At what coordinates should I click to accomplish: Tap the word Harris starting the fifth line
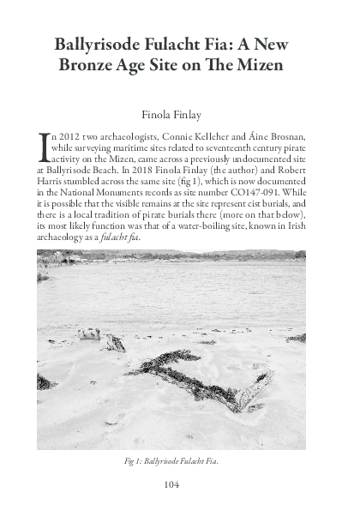pyautogui.click(x=52, y=183)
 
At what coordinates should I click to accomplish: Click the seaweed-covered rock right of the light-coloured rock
pyautogui.click(x=113, y=343)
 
